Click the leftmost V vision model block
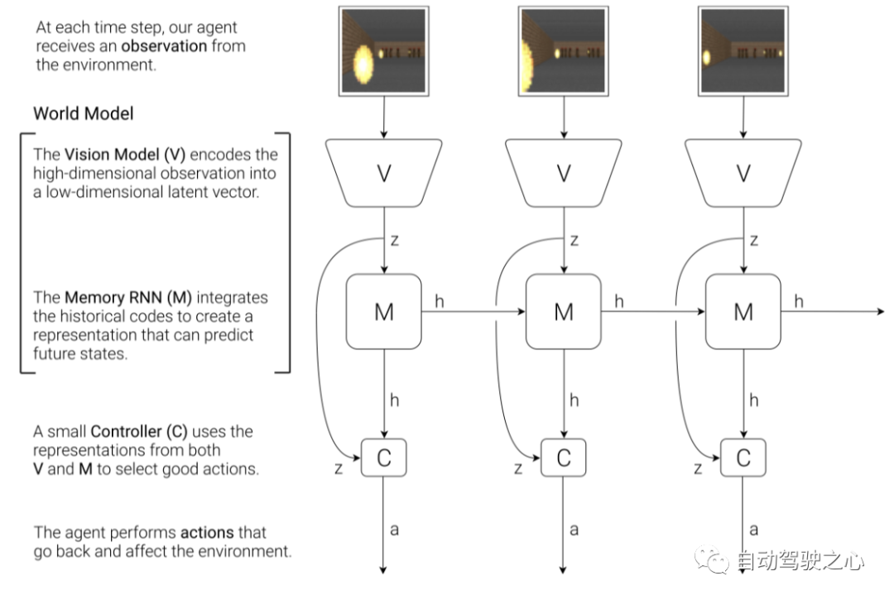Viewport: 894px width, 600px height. point(384,173)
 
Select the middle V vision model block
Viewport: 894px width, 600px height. point(564,173)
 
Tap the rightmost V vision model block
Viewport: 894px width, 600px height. point(743,173)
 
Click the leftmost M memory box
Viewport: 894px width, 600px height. point(384,311)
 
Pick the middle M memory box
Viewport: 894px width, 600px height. point(564,311)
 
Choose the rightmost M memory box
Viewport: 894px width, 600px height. point(743,311)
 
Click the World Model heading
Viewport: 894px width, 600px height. point(83,113)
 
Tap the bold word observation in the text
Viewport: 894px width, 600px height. point(164,46)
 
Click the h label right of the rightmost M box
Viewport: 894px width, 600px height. point(799,301)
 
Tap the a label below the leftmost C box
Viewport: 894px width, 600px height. point(394,529)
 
